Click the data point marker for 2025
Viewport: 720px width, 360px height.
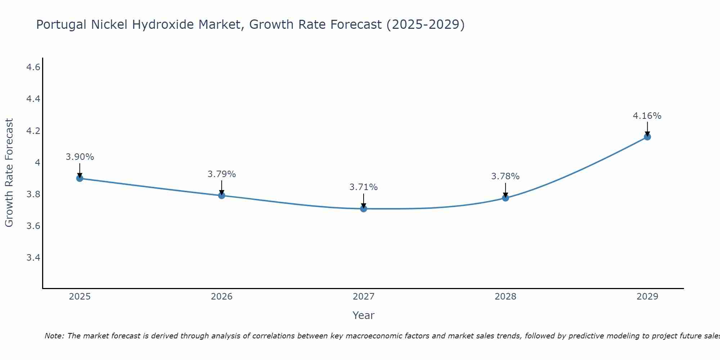[x=80, y=178]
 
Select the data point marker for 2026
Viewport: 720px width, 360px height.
[x=222, y=195]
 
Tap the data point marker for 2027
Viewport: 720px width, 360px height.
[x=364, y=208]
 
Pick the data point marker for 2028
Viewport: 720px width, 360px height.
[x=505, y=198]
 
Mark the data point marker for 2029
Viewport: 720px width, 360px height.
[x=647, y=137]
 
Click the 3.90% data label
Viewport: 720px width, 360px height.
[x=80, y=157]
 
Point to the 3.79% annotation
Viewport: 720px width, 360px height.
[x=222, y=174]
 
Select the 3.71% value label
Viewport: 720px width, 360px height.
[x=364, y=187]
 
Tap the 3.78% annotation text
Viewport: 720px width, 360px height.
[x=505, y=176]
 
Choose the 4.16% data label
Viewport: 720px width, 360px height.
[x=647, y=116]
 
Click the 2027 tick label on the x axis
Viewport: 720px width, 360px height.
[x=364, y=297]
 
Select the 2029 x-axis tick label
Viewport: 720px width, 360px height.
[x=647, y=297]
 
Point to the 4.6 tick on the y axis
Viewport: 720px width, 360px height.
[x=33, y=67]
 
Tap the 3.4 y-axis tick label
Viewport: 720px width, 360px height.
[x=33, y=258]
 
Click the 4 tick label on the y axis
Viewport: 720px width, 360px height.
[x=37, y=163]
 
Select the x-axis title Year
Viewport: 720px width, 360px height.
[x=364, y=315]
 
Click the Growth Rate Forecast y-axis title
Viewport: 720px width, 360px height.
[x=9, y=173]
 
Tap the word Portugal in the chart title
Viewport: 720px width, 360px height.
[x=61, y=25]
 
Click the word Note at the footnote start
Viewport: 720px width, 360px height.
[x=54, y=336]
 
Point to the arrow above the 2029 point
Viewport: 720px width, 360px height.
[x=647, y=129]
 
